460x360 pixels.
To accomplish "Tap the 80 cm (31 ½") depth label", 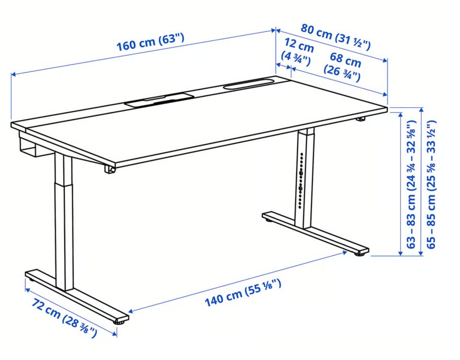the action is point(335,37).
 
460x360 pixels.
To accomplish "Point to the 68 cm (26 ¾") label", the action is point(343,67).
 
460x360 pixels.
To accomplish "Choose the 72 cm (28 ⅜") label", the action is point(64,318).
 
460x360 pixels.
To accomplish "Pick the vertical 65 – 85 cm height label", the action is point(431,184).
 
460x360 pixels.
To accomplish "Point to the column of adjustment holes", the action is point(301,180).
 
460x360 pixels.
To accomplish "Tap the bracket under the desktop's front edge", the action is point(109,169).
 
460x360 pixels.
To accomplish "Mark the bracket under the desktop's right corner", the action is point(361,119).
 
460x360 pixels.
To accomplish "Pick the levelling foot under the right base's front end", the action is point(360,254).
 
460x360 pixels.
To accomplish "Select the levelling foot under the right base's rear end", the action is point(267,219).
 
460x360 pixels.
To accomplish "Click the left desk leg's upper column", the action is point(63,169).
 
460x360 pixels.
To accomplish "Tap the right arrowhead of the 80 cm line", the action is point(385,60).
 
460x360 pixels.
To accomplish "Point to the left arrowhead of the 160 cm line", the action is point(13,75).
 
